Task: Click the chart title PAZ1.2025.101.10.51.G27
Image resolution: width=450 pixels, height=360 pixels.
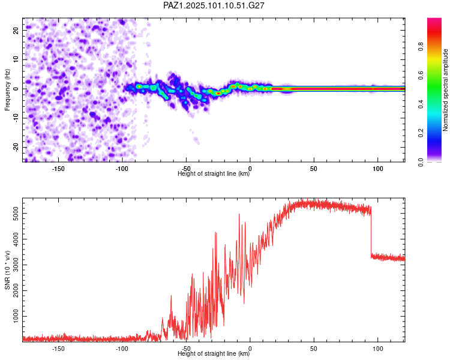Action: tap(214, 5)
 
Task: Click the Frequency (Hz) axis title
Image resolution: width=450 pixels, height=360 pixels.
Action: tap(7, 90)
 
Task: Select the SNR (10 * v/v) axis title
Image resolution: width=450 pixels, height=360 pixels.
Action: tap(7, 270)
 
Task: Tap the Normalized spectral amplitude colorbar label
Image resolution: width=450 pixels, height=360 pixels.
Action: tap(445, 90)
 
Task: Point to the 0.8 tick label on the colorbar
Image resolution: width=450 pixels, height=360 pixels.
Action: tap(421, 47)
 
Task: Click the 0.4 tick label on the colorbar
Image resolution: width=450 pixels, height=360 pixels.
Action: tap(421, 104)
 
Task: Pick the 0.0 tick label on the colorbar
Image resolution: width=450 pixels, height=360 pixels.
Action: tap(421, 162)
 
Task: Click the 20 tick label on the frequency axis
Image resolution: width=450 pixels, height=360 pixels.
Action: tap(16, 30)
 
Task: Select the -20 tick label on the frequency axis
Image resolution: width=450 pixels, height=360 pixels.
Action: tap(16, 148)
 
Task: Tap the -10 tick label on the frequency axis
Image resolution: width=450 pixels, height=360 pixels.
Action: tap(16, 118)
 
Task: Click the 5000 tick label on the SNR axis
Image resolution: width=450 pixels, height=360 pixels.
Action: tap(16, 214)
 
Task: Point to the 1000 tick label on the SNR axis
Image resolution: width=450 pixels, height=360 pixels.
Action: tap(16, 316)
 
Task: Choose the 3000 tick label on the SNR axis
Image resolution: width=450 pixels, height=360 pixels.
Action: tap(16, 265)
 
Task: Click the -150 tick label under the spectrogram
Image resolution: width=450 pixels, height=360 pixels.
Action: tap(58, 169)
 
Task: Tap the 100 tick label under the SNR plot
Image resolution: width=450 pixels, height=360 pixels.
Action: tap(377, 349)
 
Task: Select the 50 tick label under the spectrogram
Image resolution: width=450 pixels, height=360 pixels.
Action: tap(314, 169)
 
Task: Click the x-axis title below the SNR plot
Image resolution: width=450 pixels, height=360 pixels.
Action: tap(214, 353)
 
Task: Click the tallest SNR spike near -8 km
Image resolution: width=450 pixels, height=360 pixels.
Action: tap(239, 214)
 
